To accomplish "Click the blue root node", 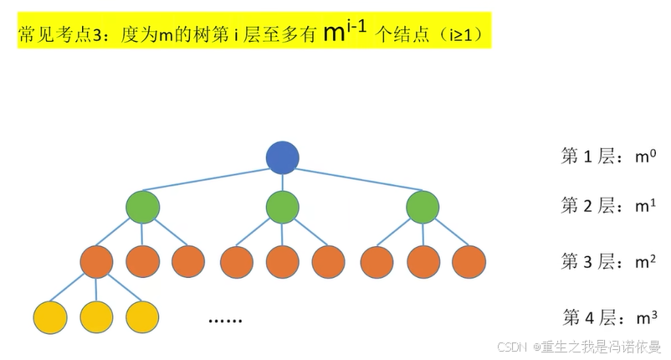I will [x=282, y=157].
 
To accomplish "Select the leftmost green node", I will [x=142, y=207].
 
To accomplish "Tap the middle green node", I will [x=282, y=207].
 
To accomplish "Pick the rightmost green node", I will [x=422, y=207].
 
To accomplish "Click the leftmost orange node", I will [x=96, y=261].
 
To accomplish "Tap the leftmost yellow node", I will [x=50, y=316].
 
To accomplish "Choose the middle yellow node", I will [x=96, y=316].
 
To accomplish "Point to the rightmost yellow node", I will [x=142, y=316].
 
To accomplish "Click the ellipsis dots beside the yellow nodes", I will [x=223, y=320].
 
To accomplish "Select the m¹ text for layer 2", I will [x=643, y=206].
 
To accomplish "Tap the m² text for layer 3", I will [x=643, y=261].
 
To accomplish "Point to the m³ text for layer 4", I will [x=643, y=317].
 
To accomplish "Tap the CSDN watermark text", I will [x=510, y=347].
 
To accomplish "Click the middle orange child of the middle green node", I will [x=282, y=261].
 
